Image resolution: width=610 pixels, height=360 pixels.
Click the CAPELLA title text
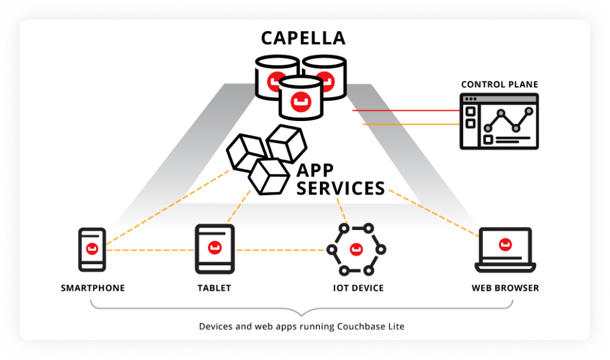coord(303,38)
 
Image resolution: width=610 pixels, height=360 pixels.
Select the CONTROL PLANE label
coord(499,84)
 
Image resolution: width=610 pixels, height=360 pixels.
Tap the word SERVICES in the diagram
coord(341,188)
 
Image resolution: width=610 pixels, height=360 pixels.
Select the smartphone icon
coord(92,249)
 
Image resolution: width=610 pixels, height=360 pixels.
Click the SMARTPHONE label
coord(93,288)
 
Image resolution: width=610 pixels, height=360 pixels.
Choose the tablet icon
coord(214,249)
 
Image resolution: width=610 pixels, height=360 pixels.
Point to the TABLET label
coord(214,288)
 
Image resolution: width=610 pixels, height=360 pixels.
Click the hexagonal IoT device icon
coord(356,248)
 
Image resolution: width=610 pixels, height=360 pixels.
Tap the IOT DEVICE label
coord(358,288)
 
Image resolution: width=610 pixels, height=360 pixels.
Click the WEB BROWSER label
coord(505,288)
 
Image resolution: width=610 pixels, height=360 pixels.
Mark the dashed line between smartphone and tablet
coord(150,250)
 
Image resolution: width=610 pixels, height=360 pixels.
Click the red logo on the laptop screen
coord(505,244)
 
